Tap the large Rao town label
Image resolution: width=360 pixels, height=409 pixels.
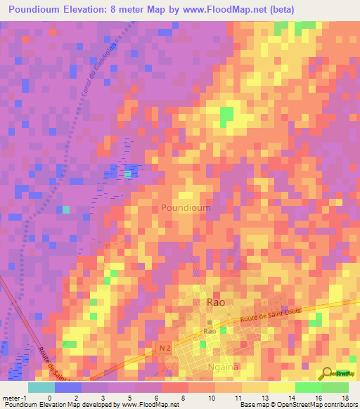pos(216,301)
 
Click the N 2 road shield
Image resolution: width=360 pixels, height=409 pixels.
pos(165,347)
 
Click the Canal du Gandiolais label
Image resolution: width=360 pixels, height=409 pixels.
pos(90,70)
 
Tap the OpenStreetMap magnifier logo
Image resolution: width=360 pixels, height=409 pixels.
pos(328,372)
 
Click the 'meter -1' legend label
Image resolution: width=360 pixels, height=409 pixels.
pos(15,398)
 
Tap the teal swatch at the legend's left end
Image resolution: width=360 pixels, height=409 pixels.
pos(41,387)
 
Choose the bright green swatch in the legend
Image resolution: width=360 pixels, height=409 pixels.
pos(309,387)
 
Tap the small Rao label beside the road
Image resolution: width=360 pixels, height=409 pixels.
pos(210,330)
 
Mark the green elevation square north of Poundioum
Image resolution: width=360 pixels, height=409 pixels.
pos(226,117)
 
